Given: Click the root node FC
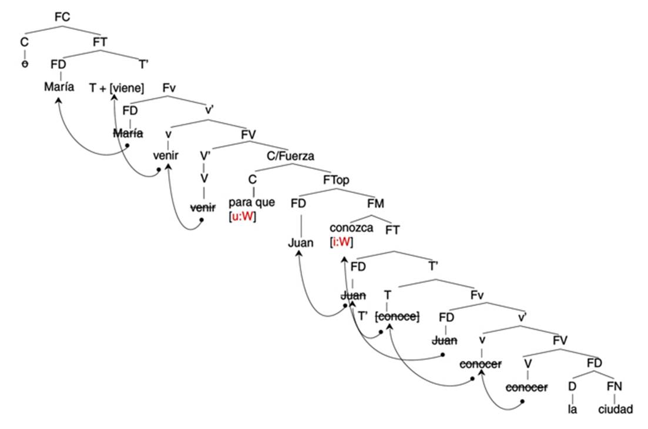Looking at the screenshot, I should pyautogui.click(x=62, y=17).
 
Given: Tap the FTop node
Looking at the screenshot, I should pyautogui.click(x=336, y=180).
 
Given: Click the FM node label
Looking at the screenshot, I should pyautogui.click(x=375, y=204).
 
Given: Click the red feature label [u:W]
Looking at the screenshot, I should pyautogui.click(x=243, y=216).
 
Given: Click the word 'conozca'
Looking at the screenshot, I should pyautogui.click(x=351, y=228).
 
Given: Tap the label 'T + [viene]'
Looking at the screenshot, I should pyautogui.click(x=116, y=88).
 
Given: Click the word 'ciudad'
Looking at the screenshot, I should pyautogui.click(x=616, y=408).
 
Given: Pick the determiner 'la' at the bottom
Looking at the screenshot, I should pyautogui.click(x=573, y=408).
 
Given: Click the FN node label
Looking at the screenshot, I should pyautogui.click(x=615, y=385).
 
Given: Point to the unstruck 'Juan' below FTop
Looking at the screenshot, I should pyautogui.click(x=300, y=243).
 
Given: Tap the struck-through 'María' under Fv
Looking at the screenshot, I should pyautogui.click(x=129, y=134).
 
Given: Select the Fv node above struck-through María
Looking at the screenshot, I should pyautogui.click(x=169, y=88).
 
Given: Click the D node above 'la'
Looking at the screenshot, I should pyautogui.click(x=572, y=385).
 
